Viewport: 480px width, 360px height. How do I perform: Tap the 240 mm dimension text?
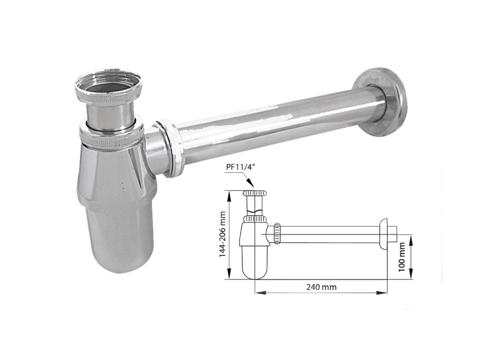321,287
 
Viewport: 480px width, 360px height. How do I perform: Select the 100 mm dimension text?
402,257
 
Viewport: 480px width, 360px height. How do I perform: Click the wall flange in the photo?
381,102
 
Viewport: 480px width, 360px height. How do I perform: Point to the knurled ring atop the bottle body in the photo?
112,135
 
